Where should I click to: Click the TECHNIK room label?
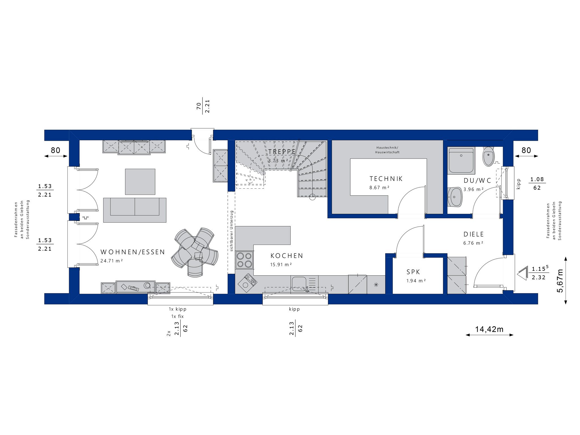coord(386,179)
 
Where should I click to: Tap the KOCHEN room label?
coord(287,256)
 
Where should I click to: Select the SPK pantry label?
coord(413,272)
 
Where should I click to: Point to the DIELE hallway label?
coord(474,234)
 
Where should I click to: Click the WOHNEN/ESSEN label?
coord(133,252)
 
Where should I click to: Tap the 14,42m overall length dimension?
coord(489,329)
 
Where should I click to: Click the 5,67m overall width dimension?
coord(560,280)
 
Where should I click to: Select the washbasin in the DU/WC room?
coord(455,197)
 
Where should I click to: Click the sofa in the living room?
coord(135,210)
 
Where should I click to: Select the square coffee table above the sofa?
coord(140,182)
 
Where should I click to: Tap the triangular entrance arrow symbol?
coord(523,273)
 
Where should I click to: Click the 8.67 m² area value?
coord(379,187)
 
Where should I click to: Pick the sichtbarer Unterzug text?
coord(232,231)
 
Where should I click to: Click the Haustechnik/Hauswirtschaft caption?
coord(387,150)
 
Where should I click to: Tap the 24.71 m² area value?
coord(112,261)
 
